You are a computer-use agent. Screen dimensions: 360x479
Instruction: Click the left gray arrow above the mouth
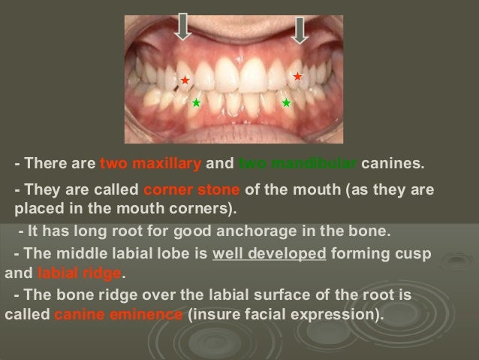coord(182,27)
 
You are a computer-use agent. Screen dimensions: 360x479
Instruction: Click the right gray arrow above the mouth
coord(300,31)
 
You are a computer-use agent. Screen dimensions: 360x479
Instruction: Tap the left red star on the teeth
coord(185,80)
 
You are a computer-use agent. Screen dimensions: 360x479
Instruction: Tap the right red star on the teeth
coord(297,77)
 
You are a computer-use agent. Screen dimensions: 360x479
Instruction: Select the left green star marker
coord(196,103)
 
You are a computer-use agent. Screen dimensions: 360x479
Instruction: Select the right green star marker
coord(286,102)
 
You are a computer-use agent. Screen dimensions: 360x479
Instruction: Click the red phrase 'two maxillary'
coord(150,163)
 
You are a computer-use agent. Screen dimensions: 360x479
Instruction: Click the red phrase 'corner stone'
coord(191,189)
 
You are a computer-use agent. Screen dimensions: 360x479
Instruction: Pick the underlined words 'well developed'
coord(269,254)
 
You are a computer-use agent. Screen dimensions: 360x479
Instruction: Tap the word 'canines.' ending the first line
coord(393,163)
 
